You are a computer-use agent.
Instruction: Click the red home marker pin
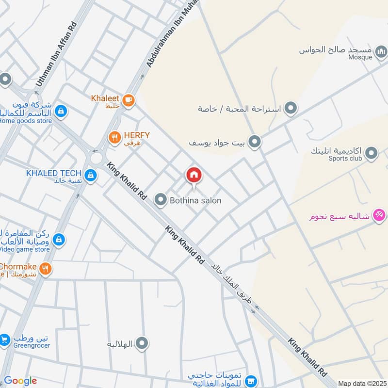(x=194, y=175)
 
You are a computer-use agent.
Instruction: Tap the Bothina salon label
(x=195, y=200)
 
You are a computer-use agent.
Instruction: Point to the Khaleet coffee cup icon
(x=129, y=100)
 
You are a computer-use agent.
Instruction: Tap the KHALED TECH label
(x=53, y=173)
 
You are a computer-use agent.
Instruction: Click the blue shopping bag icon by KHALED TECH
(x=90, y=175)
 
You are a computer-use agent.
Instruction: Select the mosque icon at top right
(x=381, y=50)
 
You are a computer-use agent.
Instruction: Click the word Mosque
(x=360, y=57)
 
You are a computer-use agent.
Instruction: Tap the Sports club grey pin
(x=372, y=154)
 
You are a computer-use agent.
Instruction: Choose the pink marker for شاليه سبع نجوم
(x=379, y=214)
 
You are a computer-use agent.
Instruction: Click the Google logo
(x=20, y=381)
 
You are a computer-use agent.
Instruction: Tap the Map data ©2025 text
(x=361, y=383)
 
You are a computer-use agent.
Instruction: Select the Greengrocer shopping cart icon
(x=5, y=341)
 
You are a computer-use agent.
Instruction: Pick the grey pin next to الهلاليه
(x=142, y=344)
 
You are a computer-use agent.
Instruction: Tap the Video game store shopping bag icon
(x=59, y=239)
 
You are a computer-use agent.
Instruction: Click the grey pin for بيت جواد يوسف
(x=255, y=142)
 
